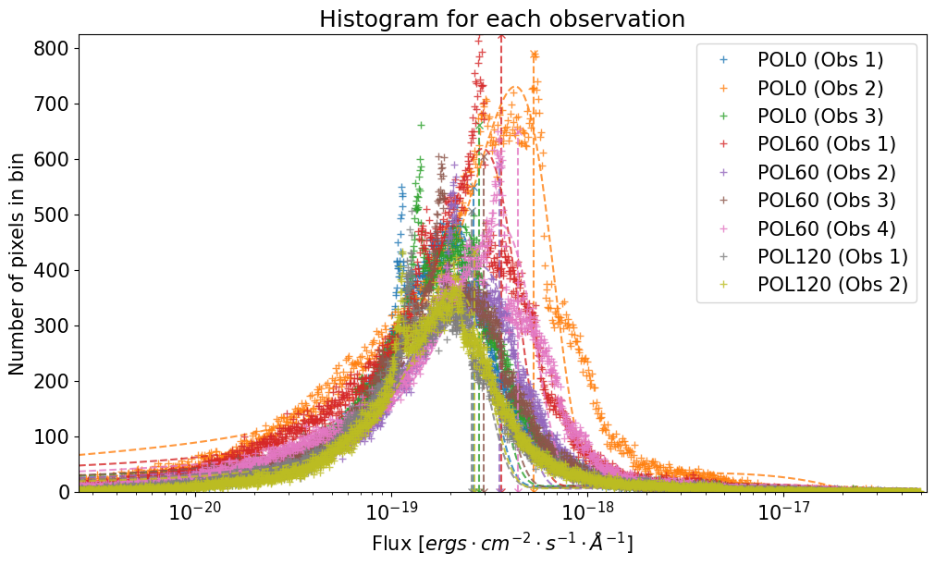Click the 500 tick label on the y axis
click(x=59, y=215)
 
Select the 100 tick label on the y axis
click(x=59, y=436)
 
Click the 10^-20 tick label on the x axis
click(x=193, y=513)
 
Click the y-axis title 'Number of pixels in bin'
click(x=18, y=264)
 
